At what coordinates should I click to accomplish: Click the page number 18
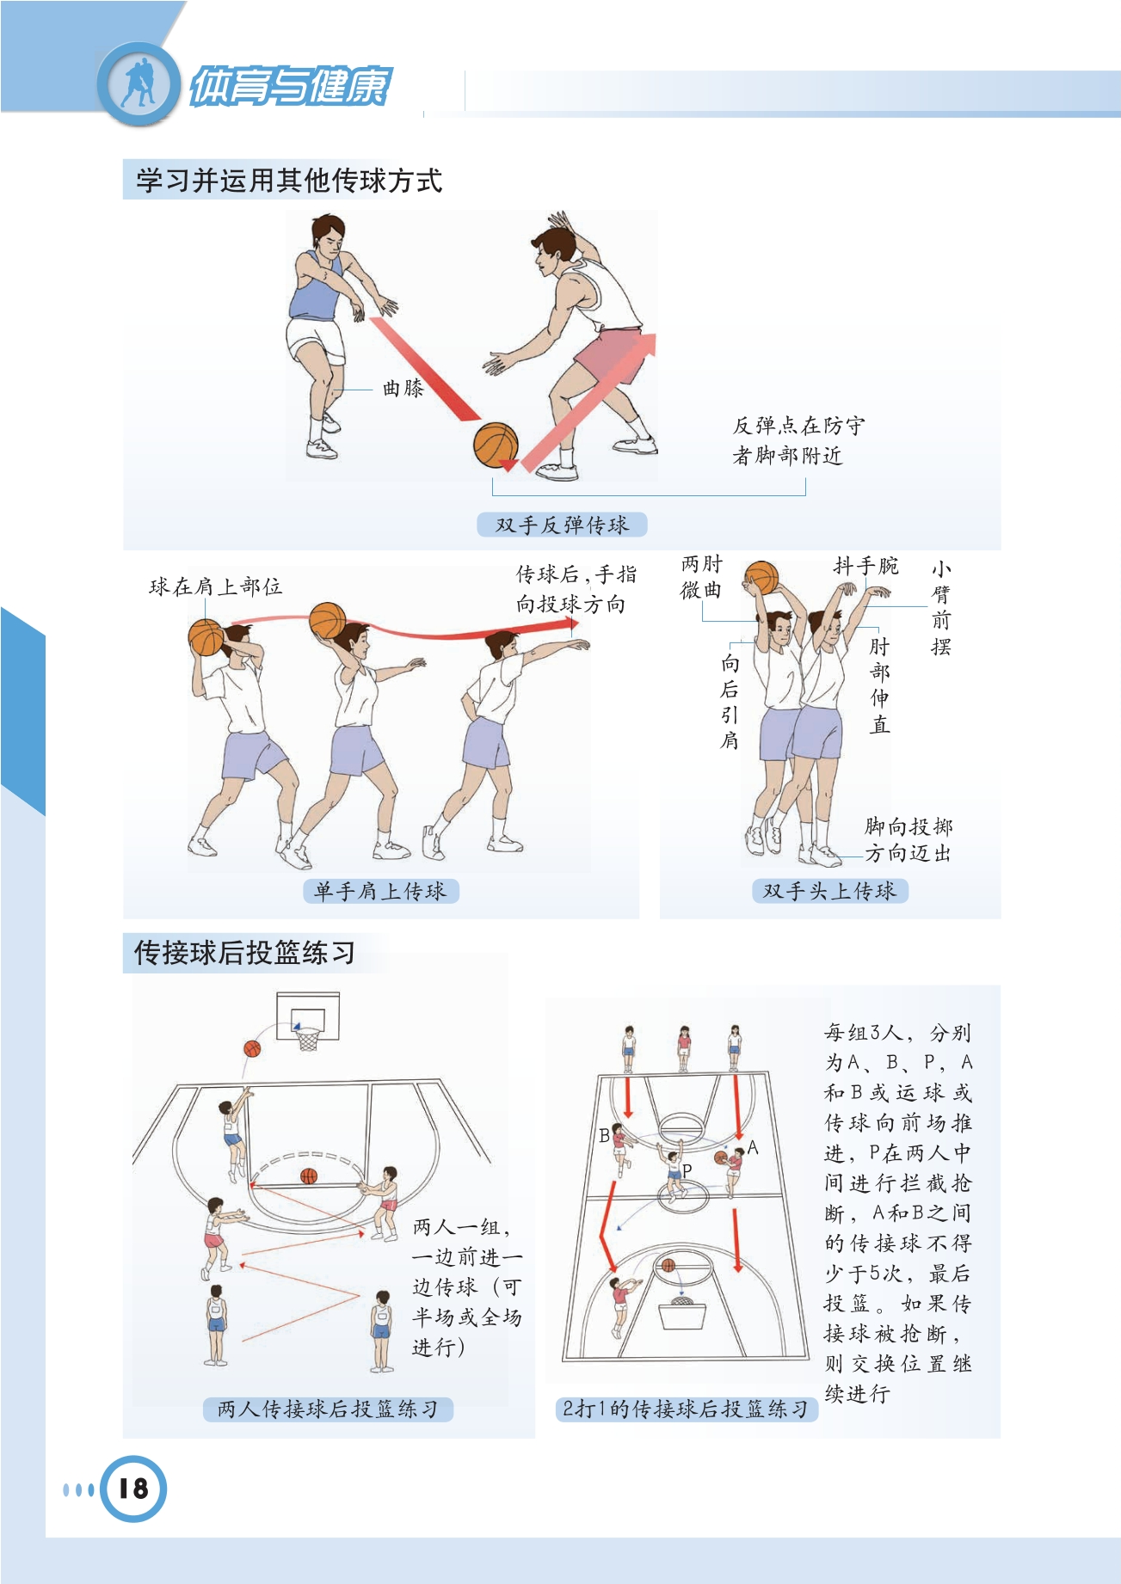[133, 1489]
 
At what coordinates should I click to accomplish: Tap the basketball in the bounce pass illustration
[496, 445]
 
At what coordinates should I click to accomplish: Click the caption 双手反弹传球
[562, 525]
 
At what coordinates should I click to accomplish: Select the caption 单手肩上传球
[380, 891]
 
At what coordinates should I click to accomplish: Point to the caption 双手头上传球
[829, 891]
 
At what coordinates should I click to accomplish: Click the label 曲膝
[403, 389]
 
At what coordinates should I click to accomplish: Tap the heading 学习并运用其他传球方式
[289, 181]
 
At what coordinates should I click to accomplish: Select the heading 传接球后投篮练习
[244, 953]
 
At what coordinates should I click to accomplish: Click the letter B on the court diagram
[604, 1135]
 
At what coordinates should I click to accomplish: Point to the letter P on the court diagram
[687, 1170]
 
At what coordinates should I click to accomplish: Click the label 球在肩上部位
[215, 586]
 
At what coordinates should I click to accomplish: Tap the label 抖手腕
[865, 566]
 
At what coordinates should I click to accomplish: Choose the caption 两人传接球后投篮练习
[328, 1409]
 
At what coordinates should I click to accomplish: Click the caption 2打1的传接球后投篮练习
[685, 1409]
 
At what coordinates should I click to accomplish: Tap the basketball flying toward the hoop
[252, 1049]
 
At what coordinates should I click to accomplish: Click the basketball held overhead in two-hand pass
[761, 578]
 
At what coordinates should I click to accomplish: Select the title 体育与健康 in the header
[290, 86]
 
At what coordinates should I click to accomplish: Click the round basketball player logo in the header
[139, 84]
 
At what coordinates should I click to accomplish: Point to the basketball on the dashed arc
[309, 1176]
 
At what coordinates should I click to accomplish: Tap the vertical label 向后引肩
[730, 701]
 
